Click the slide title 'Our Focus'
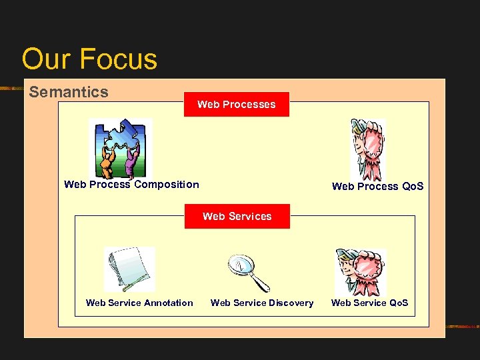(89, 59)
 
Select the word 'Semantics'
(69, 92)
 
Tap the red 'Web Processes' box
(237, 104)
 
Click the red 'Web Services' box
(237, 216)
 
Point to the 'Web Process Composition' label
(131, 185)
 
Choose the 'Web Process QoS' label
(377, 187)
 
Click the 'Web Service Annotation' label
(139, 303)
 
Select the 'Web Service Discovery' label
(262, 303)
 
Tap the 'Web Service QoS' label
(369, 303)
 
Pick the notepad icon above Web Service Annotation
(129, 269)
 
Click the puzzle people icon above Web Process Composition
(121, 148)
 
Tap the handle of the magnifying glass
(261, 283)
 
